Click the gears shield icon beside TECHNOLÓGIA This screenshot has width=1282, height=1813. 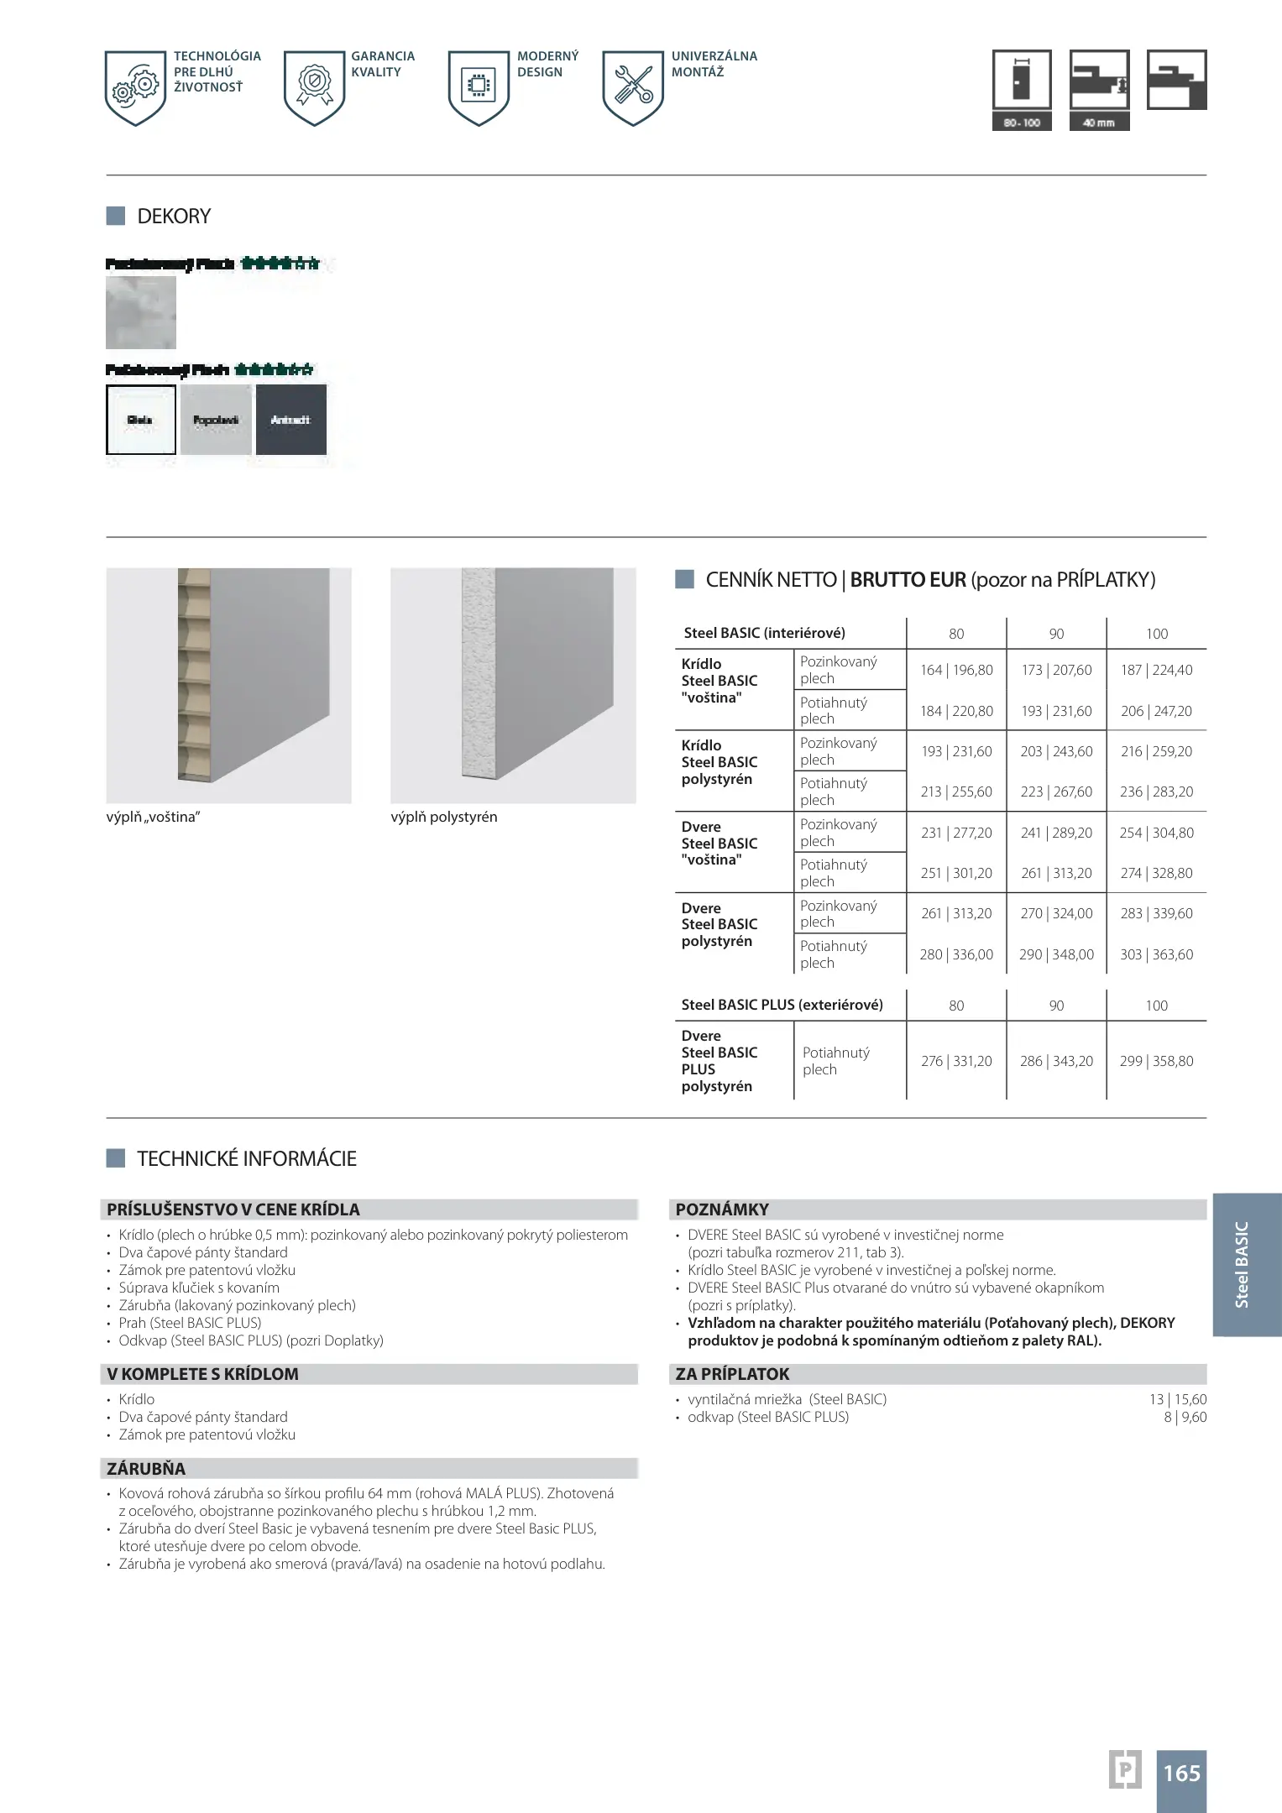[x=136, y=87]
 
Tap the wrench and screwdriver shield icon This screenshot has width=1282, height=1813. [x=633, y=87]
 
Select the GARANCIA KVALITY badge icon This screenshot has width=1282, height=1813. [x=314, y=87]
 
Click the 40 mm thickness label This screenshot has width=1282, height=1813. [x=1099, y=123]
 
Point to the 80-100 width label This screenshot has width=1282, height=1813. [x=1022, y=123]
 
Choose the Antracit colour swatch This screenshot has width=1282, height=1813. [x=290, y=420]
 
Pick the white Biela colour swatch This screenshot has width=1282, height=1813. [x=141, y=420]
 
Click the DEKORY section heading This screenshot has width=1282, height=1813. [x=174, y=217]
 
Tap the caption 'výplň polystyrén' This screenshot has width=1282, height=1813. [x=444, y=817]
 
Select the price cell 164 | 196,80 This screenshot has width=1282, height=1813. [x=956, y=670]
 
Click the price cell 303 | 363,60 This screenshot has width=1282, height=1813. [x=1156, y=954]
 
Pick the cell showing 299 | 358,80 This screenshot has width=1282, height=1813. [x=1156, y=1061]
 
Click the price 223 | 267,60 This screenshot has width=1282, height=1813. [x=1056, y=792]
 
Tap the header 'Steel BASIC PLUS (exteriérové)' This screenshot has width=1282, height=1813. [x=782, y=1005]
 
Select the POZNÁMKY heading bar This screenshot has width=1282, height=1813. [x=940, y=1210]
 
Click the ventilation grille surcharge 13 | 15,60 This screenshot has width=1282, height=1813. [x=1178, y=1399]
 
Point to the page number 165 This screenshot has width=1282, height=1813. [x=1181, y=1773]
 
